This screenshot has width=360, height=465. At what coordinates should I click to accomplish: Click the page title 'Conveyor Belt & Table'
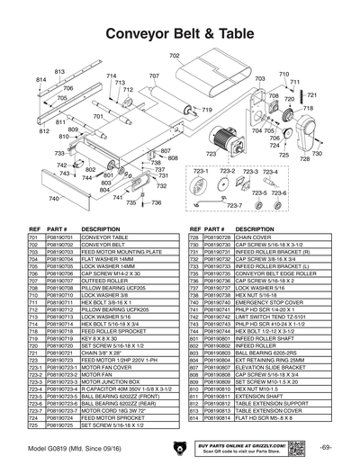(179, 31)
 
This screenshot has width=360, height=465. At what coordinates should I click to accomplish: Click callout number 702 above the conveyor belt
(175, 57)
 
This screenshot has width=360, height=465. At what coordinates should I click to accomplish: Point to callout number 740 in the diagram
(54, 198)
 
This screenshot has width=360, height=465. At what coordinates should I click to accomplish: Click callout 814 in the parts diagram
(41, 80)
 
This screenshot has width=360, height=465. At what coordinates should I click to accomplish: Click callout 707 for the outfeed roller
(154, 76)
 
